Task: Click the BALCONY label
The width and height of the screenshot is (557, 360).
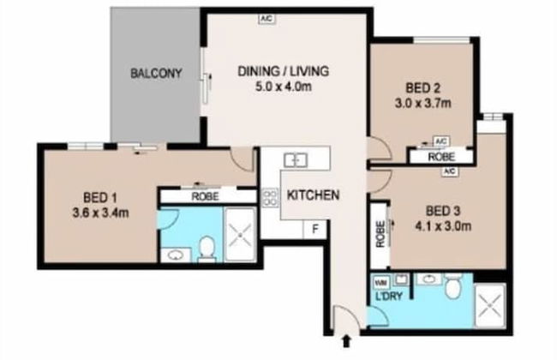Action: pyautogui.click(x=156, y=74)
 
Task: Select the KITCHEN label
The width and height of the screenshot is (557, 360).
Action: pyautogui.click(x=313, y=195)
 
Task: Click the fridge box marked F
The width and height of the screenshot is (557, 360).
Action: pyautogui.click(x=314, y=229)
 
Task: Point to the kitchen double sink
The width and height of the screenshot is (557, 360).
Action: pyautogui.click(x=296, y=159)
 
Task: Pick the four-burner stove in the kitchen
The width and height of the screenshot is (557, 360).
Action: pyautogui.click(x=270, y=199)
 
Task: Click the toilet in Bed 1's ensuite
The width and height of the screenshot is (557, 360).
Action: pyautogui.click(x=206, y=249)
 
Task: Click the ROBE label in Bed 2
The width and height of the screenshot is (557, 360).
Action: pyautogui.click(x=441, y=158)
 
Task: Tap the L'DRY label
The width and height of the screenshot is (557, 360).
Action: pyautogui.click(x=386, y=297)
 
